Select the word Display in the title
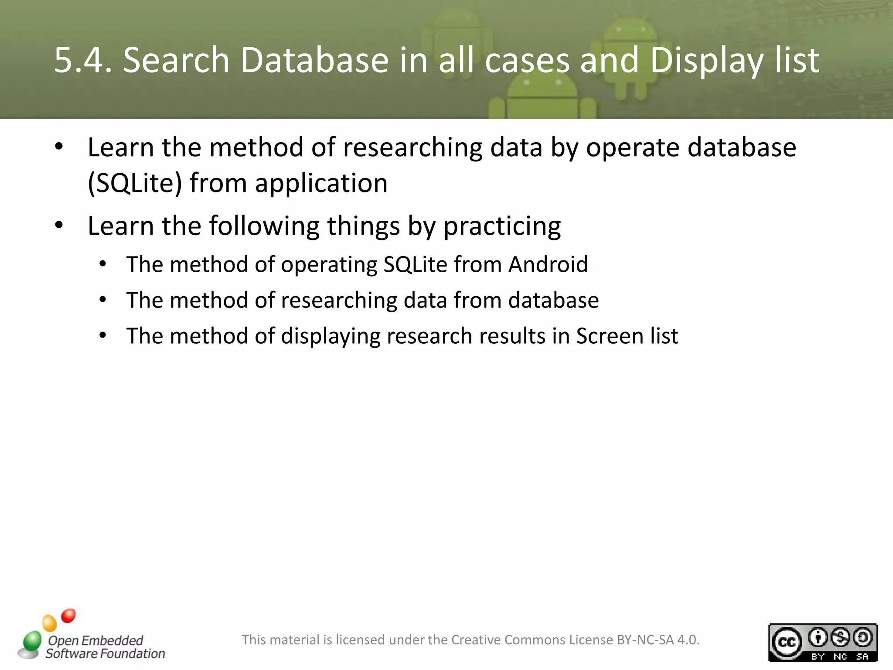(706, 61)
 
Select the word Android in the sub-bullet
(548, 264)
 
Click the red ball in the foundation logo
(68, 615)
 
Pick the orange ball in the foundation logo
(49, 623)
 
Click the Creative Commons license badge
(822, 643)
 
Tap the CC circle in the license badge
(787, 642)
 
